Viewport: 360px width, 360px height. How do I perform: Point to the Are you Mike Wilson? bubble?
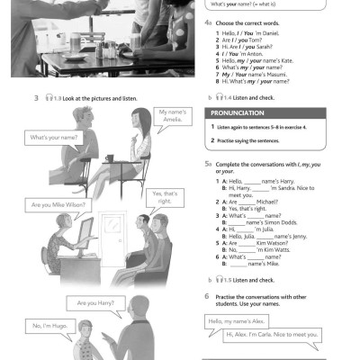(x=58, y=205)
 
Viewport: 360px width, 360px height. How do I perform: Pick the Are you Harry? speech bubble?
(x=98, y=302)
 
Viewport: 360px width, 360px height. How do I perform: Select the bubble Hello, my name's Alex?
(x=241, y=321)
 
